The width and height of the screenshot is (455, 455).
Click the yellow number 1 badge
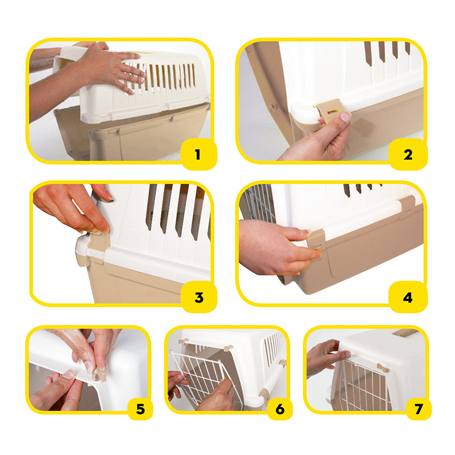tap(199, 154)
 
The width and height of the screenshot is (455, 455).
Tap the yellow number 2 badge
tap(408, 154)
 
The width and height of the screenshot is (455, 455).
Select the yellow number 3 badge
tap(199, 297)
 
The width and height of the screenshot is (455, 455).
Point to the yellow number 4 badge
tap(408, 297)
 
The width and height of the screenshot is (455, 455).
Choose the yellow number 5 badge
tap(140, 409)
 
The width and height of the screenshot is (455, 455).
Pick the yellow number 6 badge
tap(280, 409)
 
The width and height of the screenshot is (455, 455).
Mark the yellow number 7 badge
tap(419, 409)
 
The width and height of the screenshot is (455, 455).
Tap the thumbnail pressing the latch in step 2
tap(345, 117)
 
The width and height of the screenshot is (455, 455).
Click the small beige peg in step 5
tap(98, 374)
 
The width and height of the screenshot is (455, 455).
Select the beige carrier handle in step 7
tap(406, 332)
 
